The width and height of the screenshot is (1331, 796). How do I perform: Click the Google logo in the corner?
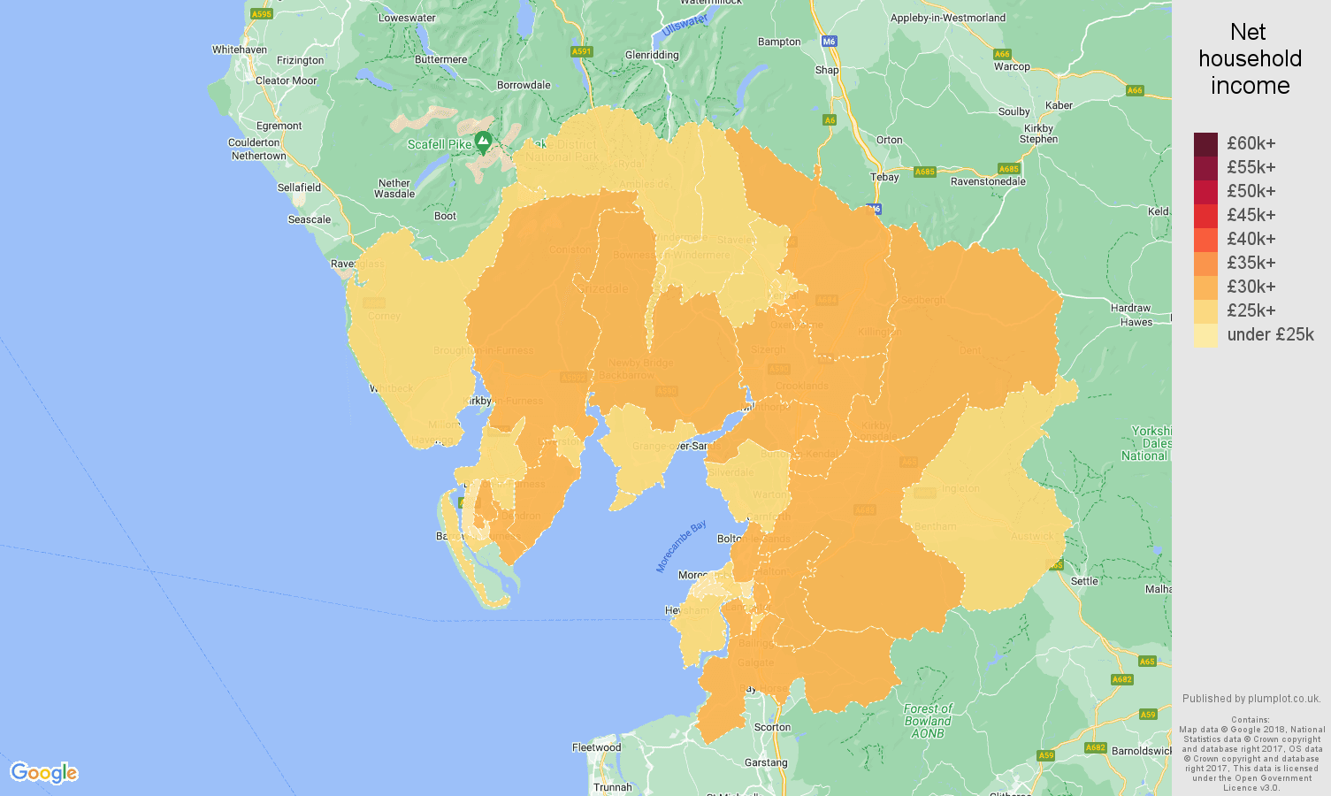pos(44,773)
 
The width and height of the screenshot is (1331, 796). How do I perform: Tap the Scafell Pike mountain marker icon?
pos(483,142)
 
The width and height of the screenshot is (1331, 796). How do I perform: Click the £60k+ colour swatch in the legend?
pos(1205,144)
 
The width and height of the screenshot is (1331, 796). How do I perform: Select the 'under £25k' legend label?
pos(1270,335)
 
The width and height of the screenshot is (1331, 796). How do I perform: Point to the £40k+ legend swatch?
pos(1205,240)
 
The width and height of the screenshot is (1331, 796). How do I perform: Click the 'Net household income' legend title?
pos(1250,59)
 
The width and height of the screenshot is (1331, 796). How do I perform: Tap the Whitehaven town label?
pos(239,50)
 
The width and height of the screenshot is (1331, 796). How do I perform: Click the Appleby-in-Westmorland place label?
pos(947,18)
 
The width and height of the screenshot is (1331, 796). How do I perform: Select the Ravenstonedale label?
pos(988,181)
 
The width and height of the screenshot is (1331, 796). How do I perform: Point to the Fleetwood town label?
pos(596,747)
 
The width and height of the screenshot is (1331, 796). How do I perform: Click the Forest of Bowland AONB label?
pos(928,721)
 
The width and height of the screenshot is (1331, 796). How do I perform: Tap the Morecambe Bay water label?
pos(681,547)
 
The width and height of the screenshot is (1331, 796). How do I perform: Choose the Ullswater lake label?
pos(685,25)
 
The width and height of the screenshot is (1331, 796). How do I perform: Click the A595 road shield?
pos(261,14)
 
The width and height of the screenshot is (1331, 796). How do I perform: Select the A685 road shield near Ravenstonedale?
pos(1008,169)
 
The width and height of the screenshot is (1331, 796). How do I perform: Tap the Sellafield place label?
pos(299,188)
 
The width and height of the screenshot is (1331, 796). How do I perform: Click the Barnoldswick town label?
pos(1142,751)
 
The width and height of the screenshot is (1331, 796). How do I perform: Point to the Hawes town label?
pos(1136,322)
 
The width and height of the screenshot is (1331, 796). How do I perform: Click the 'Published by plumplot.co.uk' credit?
pos(1251,699)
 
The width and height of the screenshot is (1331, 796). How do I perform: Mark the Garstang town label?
pos(766,762)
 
